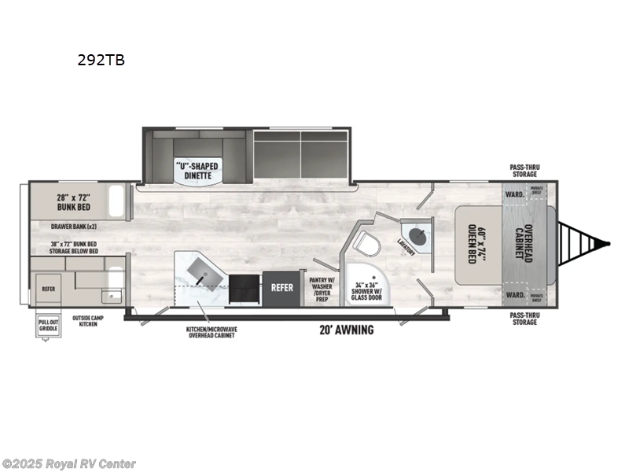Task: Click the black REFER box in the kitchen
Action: click(282, 288)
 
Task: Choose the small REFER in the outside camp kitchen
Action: click(48, 289)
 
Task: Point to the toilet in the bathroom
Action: click(366, 243)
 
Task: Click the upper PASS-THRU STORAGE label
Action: click(524, 170)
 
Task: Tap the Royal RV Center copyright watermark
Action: click(69, 464)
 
